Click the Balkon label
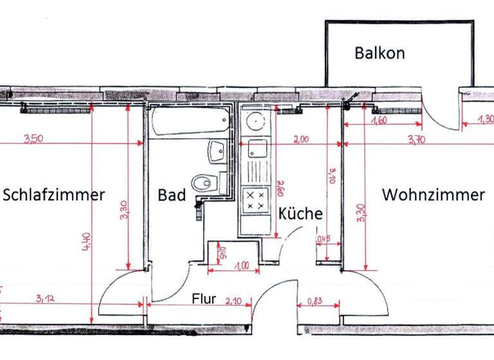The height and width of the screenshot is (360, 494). pos(380,53)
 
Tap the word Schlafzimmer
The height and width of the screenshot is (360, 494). pos(53,195)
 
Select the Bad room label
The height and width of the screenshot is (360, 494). pos(172,195)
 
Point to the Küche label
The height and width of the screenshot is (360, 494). pos(300,214)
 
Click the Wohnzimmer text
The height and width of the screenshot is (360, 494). pos(433,195)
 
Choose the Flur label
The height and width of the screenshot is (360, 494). pos(205,299)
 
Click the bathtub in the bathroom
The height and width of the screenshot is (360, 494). pos(190,122)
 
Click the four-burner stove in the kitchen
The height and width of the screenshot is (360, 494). pos(255,199)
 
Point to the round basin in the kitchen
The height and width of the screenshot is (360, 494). pos(255,120)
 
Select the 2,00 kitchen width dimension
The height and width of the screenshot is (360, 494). pos(301,139)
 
